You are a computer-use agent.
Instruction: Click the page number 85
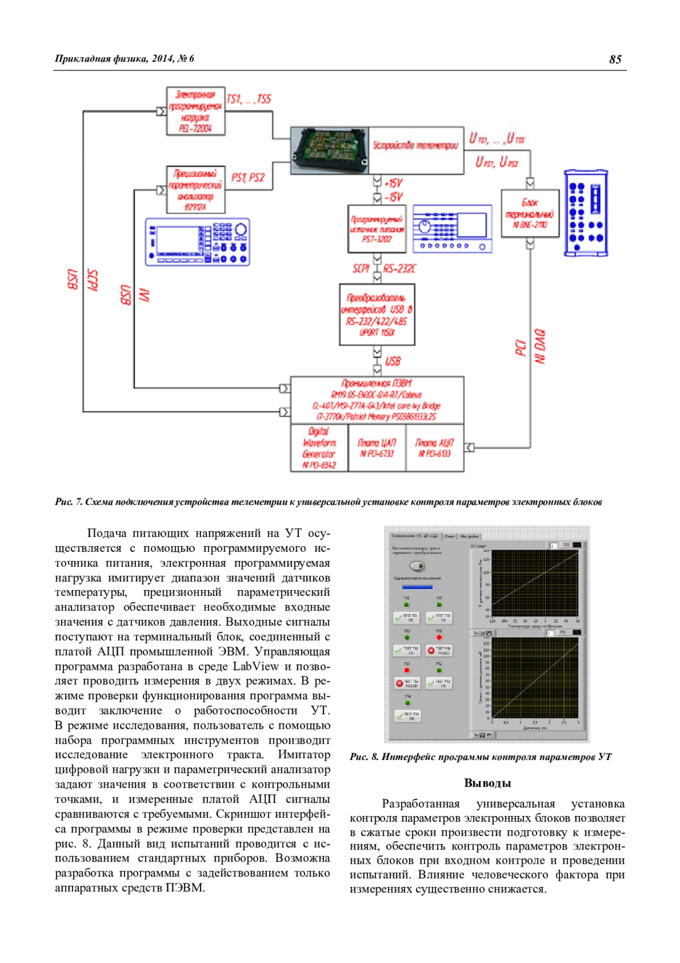[x=615, y=60]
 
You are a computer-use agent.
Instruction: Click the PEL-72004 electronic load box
[x=195, y=111]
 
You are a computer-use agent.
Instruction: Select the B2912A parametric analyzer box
[x=195, y=190]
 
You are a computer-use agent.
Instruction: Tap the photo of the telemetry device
[x=330, y=150]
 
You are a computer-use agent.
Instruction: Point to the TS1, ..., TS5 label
[x=249, y=99]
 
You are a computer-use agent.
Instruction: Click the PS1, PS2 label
[x=248, y=178]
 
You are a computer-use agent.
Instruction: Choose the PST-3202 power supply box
[x=377, y=229]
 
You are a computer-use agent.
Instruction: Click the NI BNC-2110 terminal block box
[x=530, y=213]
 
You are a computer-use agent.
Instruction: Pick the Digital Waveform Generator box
[x=319, y=448]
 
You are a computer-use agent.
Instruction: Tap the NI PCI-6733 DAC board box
[x=377, y=448]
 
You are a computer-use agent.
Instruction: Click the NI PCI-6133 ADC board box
[x=435, y=448]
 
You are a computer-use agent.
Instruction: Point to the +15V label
[x=394, y=183]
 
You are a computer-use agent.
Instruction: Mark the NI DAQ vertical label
[x=540, y=346]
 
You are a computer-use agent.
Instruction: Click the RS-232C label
[x=399, y=268]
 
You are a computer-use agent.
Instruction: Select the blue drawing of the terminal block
[x=586, y=213]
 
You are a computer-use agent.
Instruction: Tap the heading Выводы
[x=487, y=783]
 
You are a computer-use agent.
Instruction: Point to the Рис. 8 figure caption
[x=481, y=757]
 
